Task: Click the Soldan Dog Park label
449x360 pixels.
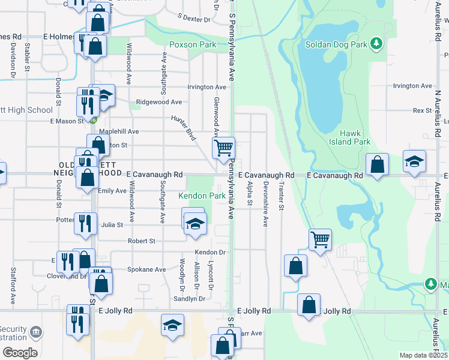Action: click(336, 44)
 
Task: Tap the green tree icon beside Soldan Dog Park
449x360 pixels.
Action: click(376, 43)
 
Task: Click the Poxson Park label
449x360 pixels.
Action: click(191, 44)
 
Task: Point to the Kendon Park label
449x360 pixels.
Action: click(202, 196)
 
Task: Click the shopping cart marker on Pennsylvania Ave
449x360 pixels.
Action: click(223, 148)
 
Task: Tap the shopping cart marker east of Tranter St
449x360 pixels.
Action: click(320, 239)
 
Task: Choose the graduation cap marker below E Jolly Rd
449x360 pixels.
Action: click(172, 326)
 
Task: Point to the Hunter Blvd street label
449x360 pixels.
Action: click(184, 128)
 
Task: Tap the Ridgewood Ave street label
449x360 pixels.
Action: click(159, 102)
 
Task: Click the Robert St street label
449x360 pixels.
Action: click(142, 241)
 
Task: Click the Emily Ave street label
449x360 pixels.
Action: click(113, 191)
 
